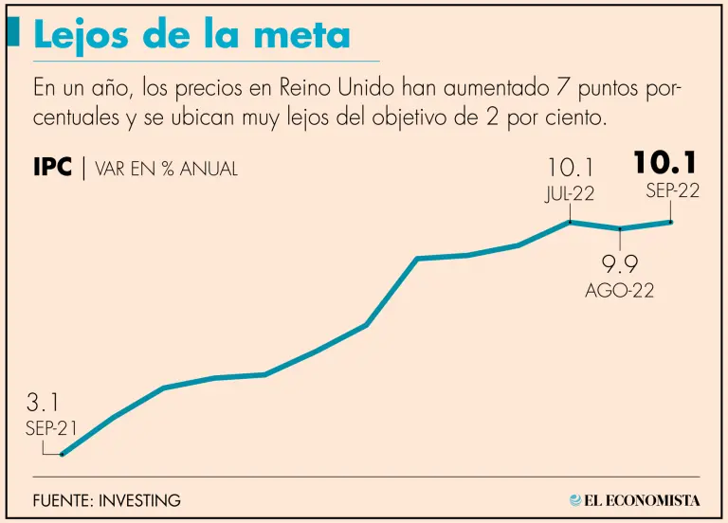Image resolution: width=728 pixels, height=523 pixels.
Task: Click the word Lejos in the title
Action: [82, 35]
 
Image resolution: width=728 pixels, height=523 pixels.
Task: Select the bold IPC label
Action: [52, 169]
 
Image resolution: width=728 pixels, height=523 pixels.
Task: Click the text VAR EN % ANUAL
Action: [166, 170]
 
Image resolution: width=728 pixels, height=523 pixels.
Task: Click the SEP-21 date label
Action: [51, 427]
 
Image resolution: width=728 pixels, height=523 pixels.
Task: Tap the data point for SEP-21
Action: [62, 454]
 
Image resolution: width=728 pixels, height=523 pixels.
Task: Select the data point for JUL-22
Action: [570, 222]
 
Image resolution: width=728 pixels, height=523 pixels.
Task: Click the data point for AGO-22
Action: [620, 228]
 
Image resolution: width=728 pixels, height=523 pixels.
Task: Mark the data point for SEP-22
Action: [671, 222]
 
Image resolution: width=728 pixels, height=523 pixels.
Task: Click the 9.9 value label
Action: [619, 264]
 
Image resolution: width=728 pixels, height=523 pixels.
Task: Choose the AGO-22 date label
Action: [619, 291]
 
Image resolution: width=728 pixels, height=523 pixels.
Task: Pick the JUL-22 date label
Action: [569, 194]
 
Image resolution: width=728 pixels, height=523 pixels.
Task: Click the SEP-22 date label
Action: [673, 190]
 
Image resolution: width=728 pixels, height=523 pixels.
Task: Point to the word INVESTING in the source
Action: [141, 500]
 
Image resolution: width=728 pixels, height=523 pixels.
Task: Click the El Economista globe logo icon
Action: [575, 499]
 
